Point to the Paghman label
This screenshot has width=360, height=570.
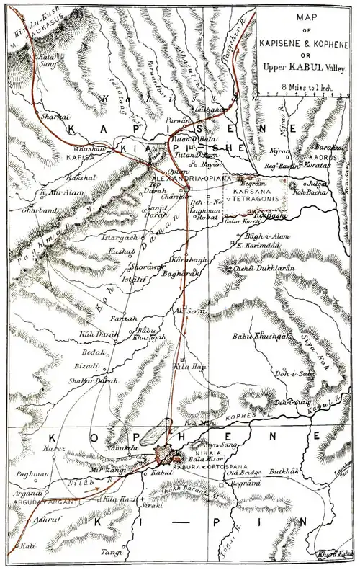coord(36,474)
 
